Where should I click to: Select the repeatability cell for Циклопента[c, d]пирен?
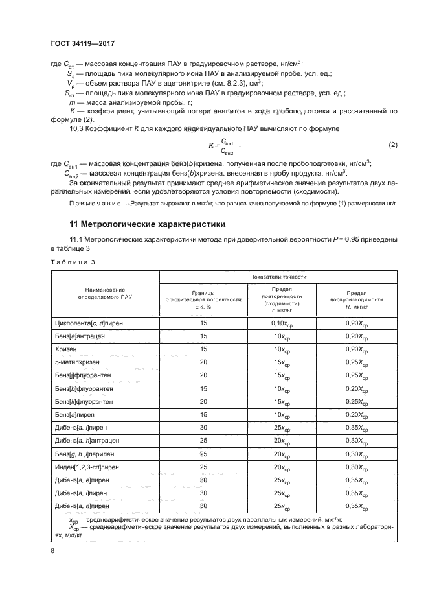tap(281, 323)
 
